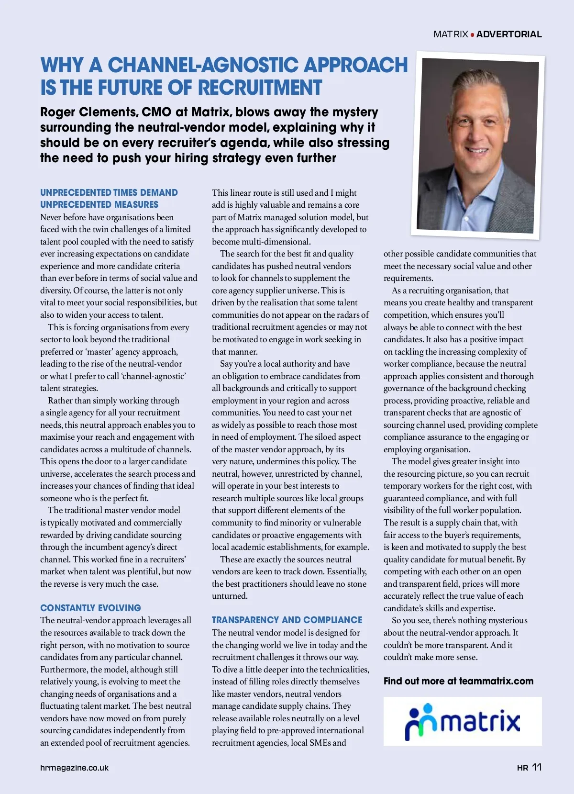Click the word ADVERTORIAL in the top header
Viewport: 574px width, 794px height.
(x=509, y=34)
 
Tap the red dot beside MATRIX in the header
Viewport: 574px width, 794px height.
(x=473, y=34)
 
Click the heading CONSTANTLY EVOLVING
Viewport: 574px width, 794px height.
(x=90, y=608)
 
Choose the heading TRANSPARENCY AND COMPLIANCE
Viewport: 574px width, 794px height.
(x=287, y=620)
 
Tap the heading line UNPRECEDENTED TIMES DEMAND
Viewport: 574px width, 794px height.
(x=109, y=192)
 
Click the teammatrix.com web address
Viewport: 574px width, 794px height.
(x=496, y=681)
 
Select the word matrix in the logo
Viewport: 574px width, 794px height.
(x=480, y=721)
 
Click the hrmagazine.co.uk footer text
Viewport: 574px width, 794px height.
(x=74, y=768)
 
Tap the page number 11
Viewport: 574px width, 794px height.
(x=537, y=767)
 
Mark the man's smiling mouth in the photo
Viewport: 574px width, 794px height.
(x=477, y=150)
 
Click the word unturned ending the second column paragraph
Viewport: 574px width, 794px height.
(x=230, y=596)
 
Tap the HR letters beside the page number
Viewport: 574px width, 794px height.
(x=522, y=768)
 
